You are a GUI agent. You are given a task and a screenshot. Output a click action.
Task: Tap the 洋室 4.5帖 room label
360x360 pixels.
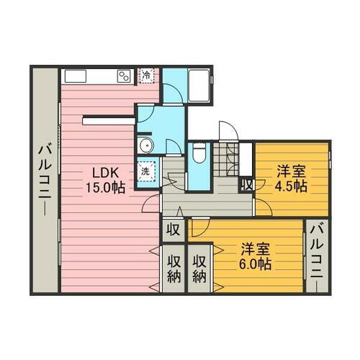pyautogui.click(x=292, y=179)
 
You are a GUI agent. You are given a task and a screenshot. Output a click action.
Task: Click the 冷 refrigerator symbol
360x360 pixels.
pyautogui.click(x=146, y=76)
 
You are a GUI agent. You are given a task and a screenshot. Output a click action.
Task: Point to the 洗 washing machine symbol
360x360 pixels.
pyautogui.click(x=146, y=171)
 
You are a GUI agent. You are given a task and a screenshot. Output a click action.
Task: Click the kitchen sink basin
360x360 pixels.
pyautogui.click(x=75, y=76)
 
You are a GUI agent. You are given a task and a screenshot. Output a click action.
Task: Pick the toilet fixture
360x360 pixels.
pyautogui.click(x=199, y=153)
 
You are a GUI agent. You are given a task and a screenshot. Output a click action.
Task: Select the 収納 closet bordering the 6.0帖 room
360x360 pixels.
pyautogui.click(x=199, y=269)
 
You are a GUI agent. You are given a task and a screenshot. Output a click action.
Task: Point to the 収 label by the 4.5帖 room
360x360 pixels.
pyautogui.click(x=246, y=184)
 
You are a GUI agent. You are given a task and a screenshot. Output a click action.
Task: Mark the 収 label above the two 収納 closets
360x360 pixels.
pyautogui.click(x=173, y=230)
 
